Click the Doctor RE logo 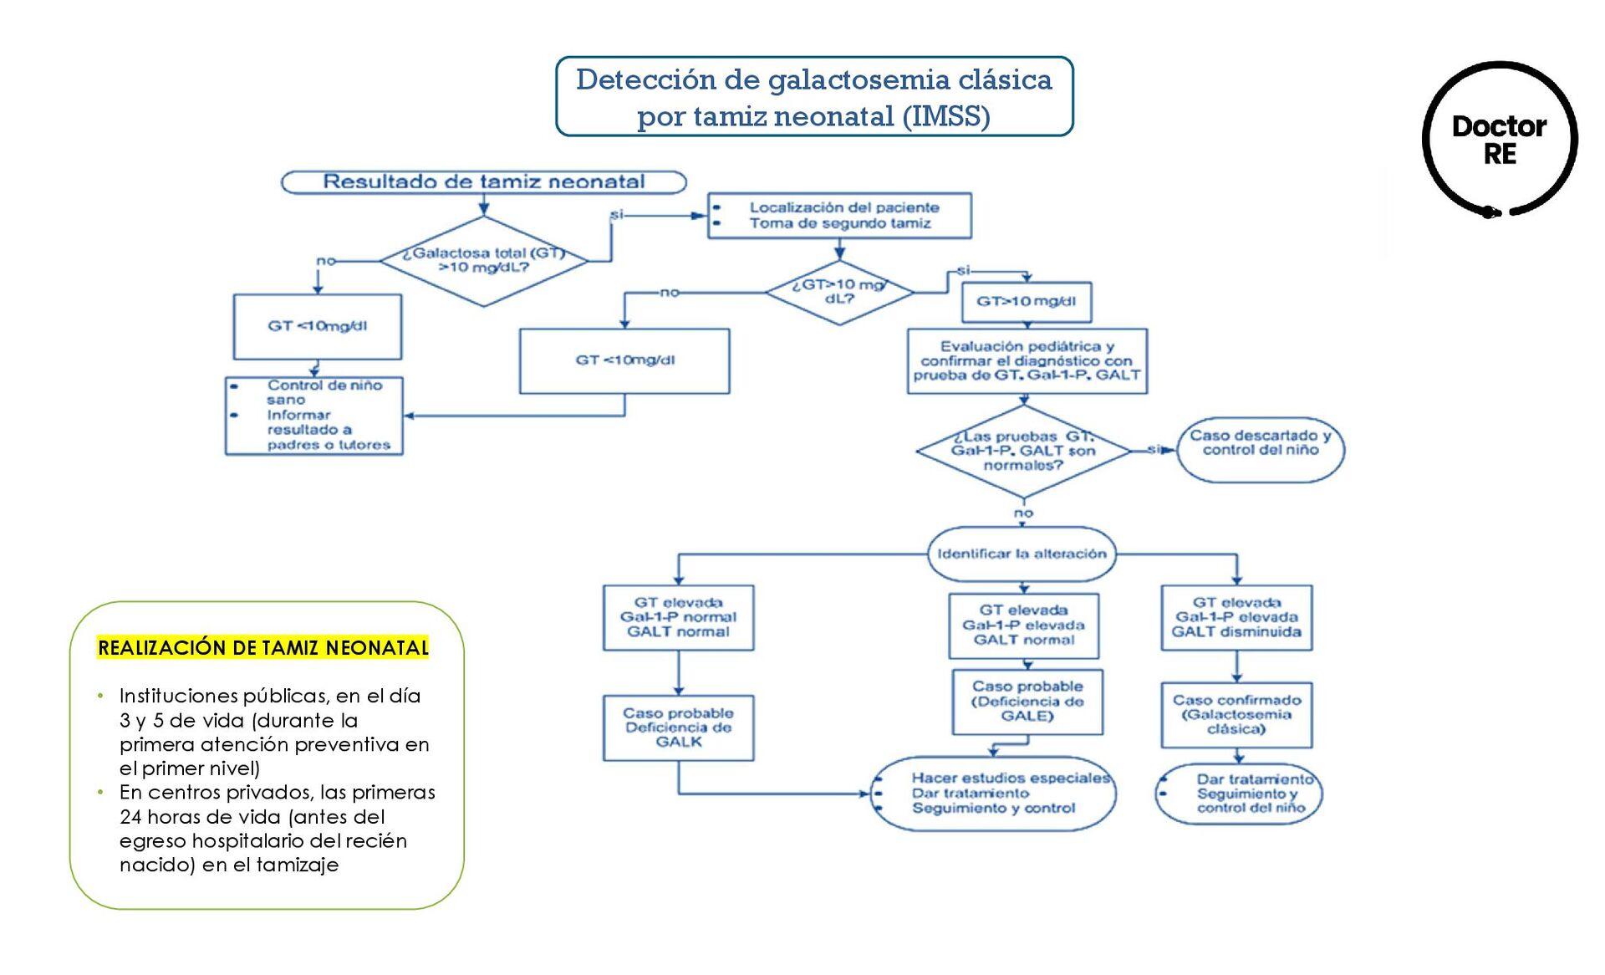point(1500,140)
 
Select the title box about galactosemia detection point(814,96)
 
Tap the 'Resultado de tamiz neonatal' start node point(483,181)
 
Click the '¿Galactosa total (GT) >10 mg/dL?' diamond point(483,261)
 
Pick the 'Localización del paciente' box point(839,216)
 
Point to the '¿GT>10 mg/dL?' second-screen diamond point(839,292)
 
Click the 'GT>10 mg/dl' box point(1026,302)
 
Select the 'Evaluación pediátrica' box point(1027,361)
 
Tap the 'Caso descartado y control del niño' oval point(1260,450)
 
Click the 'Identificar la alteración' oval point(1022,554)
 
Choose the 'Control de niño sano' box point(314,416)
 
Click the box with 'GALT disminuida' point(1236,618)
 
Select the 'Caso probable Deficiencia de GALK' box point(678,727)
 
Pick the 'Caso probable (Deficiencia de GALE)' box point(1027,702)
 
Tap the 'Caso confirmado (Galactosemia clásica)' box point(1236,715)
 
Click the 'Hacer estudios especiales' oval point(993,794)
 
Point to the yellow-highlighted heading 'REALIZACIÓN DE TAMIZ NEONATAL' point(262,647)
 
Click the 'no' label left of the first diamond point(325,261)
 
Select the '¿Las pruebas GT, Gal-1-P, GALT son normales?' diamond point(1023,451)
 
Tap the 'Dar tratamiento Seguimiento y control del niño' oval point(1239,794)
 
